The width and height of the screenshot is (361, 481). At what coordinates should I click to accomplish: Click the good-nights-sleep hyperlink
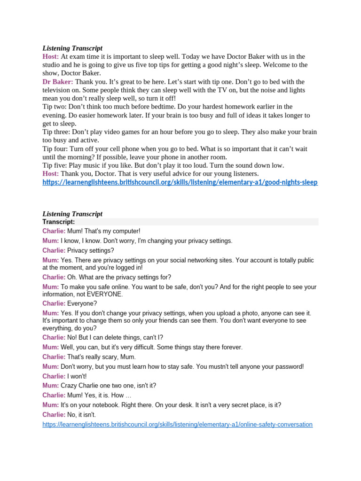[x=180, y=182]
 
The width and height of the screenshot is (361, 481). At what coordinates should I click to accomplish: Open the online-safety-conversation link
[x=177, y=424]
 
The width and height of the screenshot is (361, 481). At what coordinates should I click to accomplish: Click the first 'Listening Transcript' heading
[x=72, y=48]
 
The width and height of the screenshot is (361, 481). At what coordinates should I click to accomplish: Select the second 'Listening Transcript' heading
[x=72, y=214]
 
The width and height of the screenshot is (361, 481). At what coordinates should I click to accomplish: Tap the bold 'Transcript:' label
[x=59, y=222]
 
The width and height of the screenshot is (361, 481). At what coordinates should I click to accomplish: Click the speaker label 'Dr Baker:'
[x=58, y=82]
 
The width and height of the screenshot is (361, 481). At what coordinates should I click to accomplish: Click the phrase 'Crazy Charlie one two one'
[x=94, y=386]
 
